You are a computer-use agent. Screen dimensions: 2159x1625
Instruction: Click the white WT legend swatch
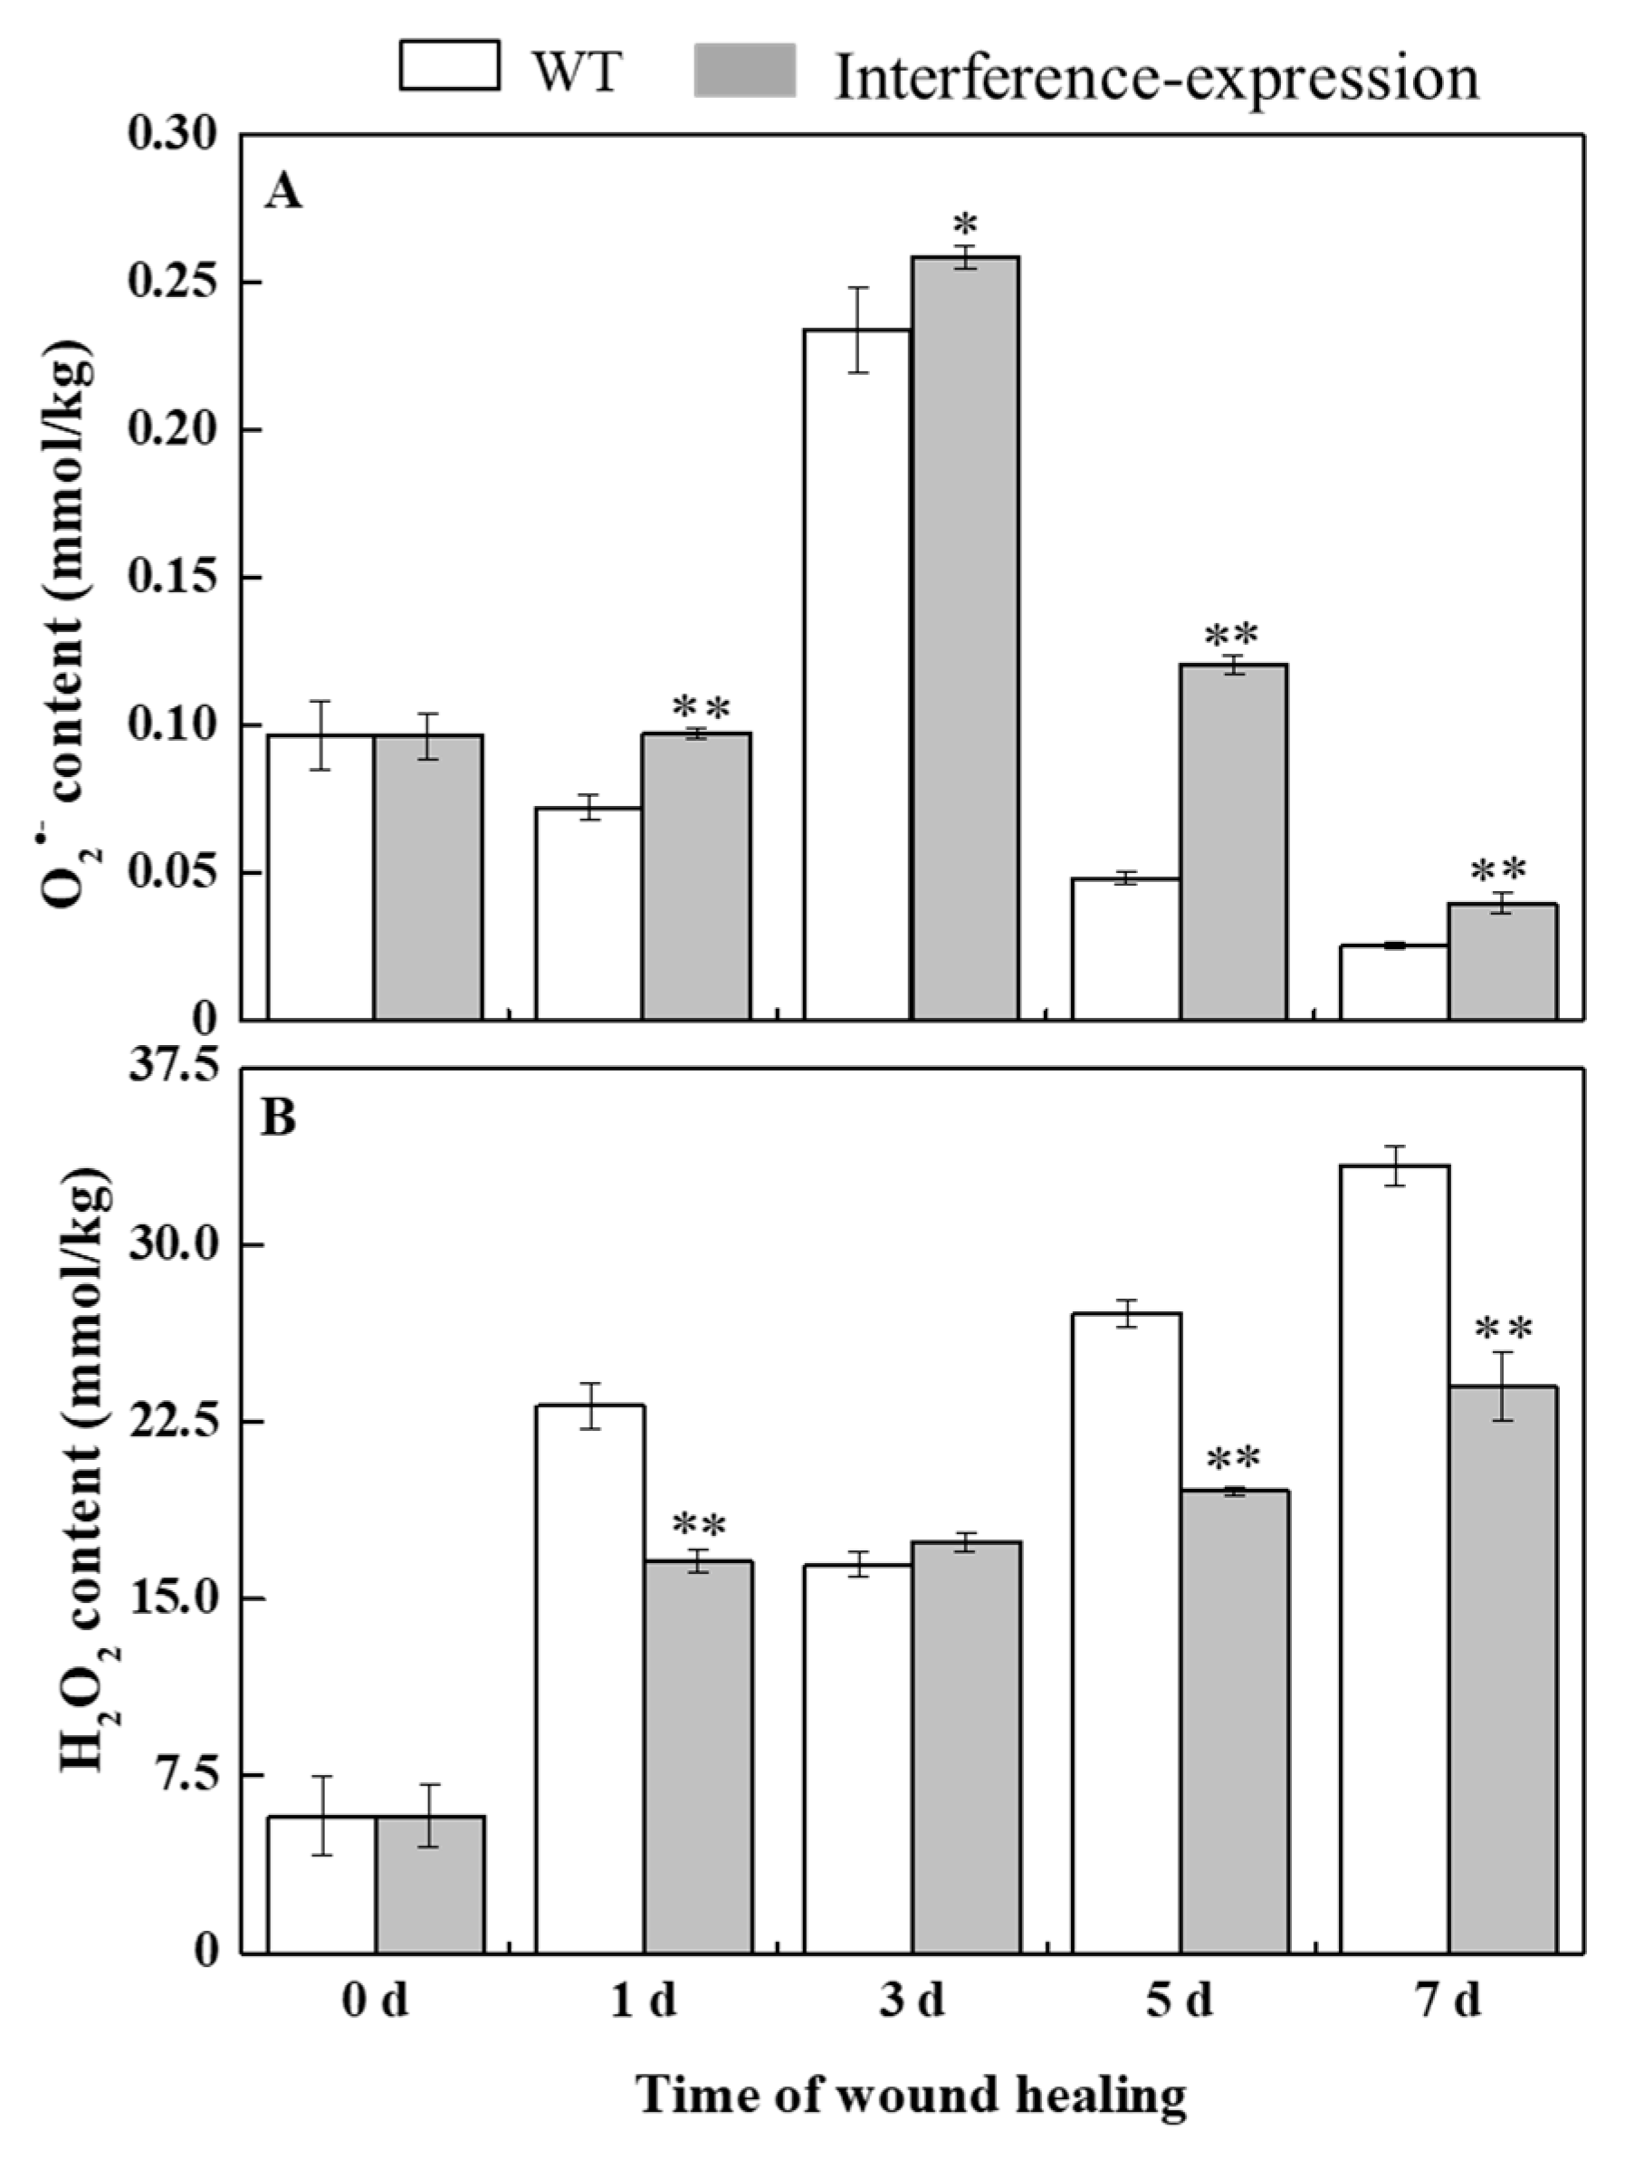(x=449, y=65)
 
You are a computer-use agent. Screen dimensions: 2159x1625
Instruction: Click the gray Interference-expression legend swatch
(x=745, y=71)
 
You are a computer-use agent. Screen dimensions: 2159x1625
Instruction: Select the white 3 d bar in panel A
(x=858, y=674)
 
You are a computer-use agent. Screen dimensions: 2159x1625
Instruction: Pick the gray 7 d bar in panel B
(x=1502, y=1669)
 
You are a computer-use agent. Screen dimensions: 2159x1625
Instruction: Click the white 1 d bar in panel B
(x=590, y=1679)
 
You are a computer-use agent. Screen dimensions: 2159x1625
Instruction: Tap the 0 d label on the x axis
(x=375, y=2000)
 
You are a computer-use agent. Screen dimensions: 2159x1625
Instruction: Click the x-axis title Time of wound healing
(x=912, y=2095)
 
